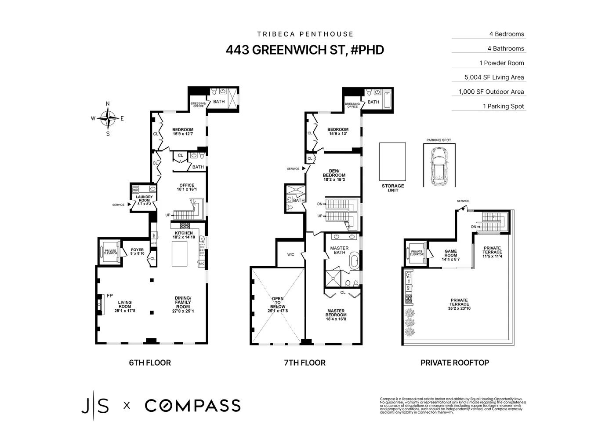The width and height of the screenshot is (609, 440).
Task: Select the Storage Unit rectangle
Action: [x=392, y=161]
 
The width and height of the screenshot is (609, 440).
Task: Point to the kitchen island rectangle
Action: [x=179, y=253]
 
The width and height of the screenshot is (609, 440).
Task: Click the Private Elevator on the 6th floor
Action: [x=110, y=252]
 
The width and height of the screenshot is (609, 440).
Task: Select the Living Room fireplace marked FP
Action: [x=101, y=304]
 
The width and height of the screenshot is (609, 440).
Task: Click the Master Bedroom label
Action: [x=336, y=313]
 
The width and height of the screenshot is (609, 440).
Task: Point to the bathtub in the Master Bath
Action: [x=354, y=263]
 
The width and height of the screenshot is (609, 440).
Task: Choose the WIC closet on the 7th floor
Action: [x=290, y=254]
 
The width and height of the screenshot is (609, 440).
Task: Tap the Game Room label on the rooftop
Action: [x=450, y=253]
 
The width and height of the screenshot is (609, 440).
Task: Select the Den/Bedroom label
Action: [x=334, y=175]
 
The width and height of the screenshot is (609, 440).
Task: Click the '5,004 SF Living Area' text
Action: [x=494, y=77]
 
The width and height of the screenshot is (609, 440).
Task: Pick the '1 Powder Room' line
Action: [x=501, y=63]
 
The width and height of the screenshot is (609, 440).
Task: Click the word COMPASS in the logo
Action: [x=192, y=405]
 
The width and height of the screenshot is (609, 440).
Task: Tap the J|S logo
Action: [x=95, y=405]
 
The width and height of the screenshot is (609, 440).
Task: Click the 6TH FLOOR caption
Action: [x=150, y=363]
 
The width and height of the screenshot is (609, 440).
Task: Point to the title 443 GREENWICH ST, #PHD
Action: [x=304, y=50]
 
